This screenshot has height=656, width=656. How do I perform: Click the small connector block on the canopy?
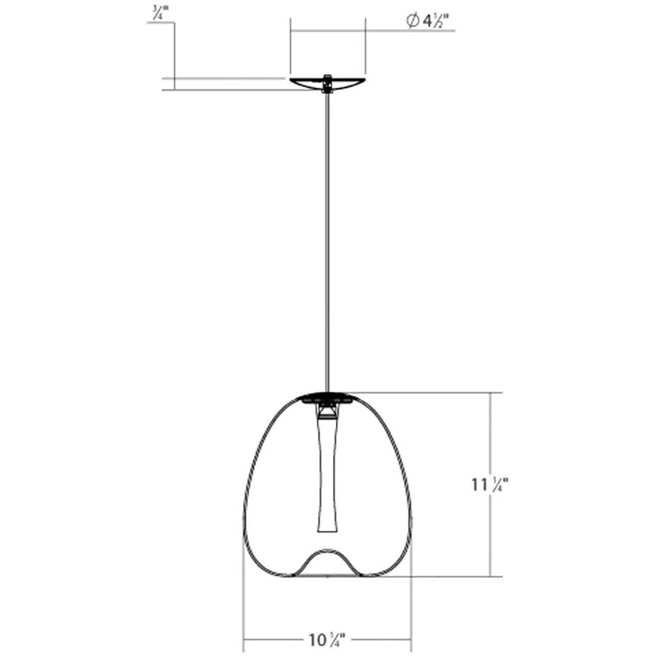(x=327, y=81)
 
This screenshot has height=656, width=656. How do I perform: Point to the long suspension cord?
(x=327, y=238)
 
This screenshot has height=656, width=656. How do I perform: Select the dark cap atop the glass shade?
(x=327, y=397)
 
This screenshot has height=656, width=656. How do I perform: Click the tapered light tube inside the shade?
(x=328, y=477)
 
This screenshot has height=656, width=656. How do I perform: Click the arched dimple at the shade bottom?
(x=327, y=555)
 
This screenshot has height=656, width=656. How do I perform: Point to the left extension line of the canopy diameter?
(x=291, y=48)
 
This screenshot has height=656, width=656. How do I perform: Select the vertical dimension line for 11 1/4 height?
(x=491, y=437)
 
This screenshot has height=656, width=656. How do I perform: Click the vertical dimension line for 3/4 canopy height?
(x=174, y=52)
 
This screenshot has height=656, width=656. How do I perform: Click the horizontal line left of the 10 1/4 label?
(x=274, y=640)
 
